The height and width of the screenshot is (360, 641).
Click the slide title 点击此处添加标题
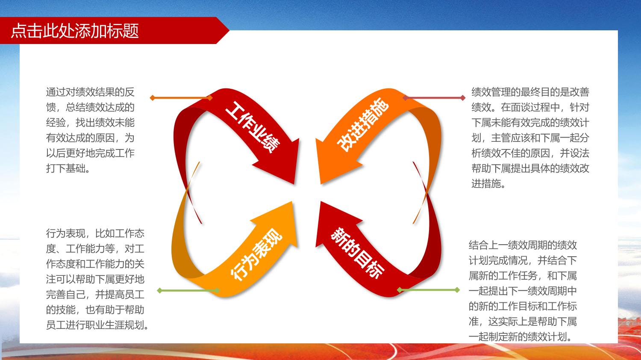pyautogui.click(x=75, y=31)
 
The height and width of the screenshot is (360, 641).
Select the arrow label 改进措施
pyautogui.click(x=363, y=124)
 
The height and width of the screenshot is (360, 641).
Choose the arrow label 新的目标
pyautogui.click(x=357, y=253)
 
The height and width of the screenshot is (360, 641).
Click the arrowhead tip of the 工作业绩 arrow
pyautogui.click(x=294, y=184)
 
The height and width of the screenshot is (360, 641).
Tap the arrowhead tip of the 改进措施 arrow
pyautogui.click(x=320, y=184)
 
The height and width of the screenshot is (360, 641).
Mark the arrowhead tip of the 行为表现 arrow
pyautogui.click(x=292, y=202)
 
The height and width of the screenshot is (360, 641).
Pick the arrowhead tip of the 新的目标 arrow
pyautogui.click(x=320, y=201)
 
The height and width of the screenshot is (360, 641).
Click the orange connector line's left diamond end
pyautogui.click(x=152, y=98)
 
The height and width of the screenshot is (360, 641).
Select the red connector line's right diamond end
pyautogui.click(x=463, y=98)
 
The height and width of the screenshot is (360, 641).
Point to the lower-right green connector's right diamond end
pyautogui.click(x=457, y=290)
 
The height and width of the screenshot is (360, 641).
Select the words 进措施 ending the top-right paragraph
pyautogui.click(x=486, y=184)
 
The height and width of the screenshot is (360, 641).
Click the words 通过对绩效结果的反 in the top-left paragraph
pyautogui.click(x=90, y=92)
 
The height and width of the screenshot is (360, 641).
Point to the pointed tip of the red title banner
pyautogui.click(x=229, y=30)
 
